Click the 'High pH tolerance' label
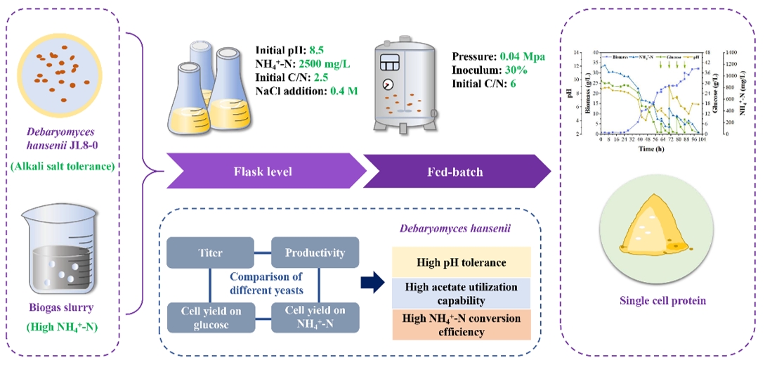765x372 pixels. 461,262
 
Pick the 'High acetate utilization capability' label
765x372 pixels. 461,293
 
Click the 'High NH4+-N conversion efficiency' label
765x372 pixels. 461,324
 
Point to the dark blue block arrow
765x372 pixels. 372,284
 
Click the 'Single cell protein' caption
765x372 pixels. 662,301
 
